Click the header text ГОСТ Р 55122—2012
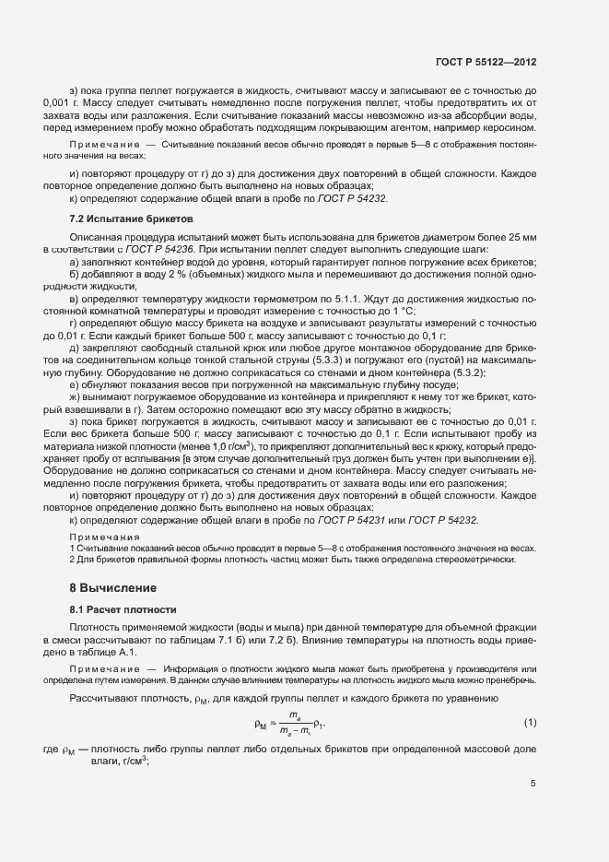tap(486, 62)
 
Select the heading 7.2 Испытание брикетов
tap(117, 218)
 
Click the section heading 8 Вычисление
tap(114, 587)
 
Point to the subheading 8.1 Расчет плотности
tap(124, 609)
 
